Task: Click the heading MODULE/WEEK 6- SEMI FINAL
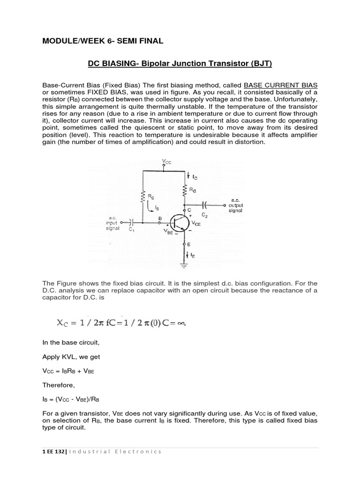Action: point(103,41)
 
